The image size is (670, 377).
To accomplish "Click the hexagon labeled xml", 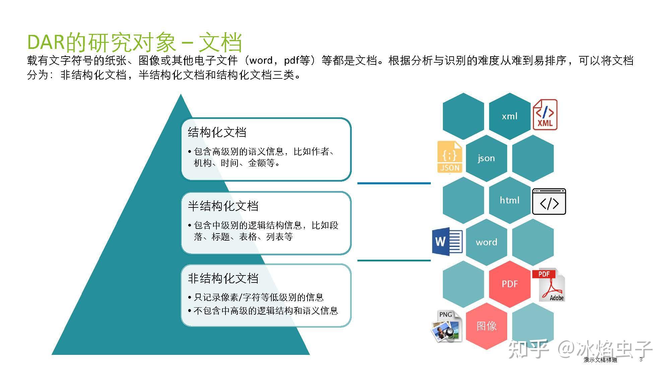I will click(x=510, y=116).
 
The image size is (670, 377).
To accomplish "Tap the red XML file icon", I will click(x=545, y=115).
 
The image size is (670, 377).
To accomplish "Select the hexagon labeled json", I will click(x=486, y=158).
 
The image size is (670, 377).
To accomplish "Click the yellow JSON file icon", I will click(x=450, y=157).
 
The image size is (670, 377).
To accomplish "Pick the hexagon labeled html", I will click(x=510, y=200).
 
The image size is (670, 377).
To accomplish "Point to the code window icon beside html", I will click(x=549, y=201).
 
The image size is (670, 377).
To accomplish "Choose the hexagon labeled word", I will click(x=486, y=242).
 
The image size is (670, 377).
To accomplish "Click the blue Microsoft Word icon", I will click(x=447, y=241).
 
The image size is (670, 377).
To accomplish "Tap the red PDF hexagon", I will click(x=510, y=284).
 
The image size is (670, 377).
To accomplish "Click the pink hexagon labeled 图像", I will click(x=486, y=326).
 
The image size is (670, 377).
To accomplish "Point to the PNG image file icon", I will click(x=447, y=326).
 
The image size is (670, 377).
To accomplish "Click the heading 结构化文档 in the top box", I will click(x=217, y=132).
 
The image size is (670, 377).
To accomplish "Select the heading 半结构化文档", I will click(x=223, y=206).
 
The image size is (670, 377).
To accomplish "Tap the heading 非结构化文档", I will click(x=223, y=278).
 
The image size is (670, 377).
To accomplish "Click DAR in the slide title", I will click(x=46, y=43).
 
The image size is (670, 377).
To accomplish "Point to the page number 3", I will click(x=641, y=360).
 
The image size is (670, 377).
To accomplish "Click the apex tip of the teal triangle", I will click(x=181, y=96).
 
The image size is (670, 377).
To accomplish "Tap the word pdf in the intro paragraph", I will click(x=291, y=61).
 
